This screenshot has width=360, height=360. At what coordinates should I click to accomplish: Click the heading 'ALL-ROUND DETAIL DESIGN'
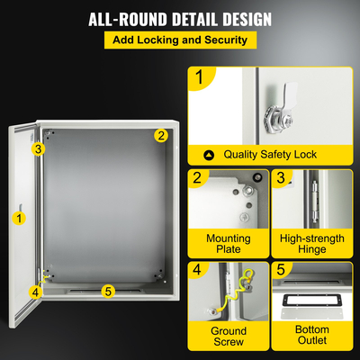pos(180,19)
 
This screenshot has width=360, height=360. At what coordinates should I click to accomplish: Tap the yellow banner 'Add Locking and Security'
pos(180,40)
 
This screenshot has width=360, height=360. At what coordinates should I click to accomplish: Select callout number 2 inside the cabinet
pos(160,136)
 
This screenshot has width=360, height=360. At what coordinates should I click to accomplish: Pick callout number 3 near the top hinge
pos(39,148)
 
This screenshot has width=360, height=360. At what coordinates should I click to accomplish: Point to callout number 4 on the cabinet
pos(35,291)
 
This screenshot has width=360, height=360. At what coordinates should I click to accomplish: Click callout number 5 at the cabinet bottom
pos(108,290)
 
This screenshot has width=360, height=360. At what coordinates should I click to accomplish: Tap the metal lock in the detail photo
pos(296,115)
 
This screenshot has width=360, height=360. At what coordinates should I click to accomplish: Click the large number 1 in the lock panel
pos(200,78)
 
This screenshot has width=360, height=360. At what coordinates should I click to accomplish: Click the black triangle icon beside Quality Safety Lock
pos(210,155)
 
